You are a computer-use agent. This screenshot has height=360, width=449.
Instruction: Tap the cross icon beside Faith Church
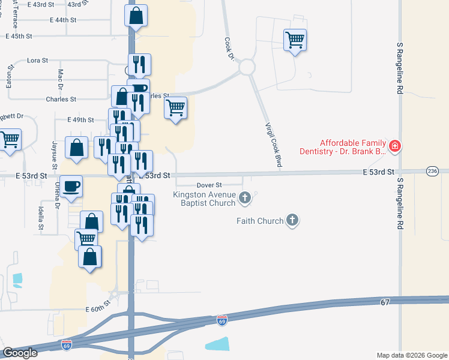coord(293,220)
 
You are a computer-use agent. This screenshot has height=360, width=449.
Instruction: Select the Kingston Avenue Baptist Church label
coord(205,198)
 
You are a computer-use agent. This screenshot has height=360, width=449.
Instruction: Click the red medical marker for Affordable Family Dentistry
coord(395,145)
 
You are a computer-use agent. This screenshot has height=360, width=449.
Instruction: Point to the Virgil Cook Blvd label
coord(274,145)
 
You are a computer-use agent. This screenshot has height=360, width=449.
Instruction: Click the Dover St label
coord(210,185)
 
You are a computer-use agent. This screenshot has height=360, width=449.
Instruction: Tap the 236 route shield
coord(432,172)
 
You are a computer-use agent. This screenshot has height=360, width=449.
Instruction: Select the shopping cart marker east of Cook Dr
coord(295,40)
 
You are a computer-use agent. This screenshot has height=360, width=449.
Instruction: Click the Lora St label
coord(38,61)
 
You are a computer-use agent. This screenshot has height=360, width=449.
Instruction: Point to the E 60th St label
coord(95,309)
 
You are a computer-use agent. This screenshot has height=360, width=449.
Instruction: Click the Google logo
coord(20,353)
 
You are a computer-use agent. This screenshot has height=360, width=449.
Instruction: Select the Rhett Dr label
coord(11,116)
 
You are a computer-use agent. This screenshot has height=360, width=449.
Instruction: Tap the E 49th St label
coord(80,120)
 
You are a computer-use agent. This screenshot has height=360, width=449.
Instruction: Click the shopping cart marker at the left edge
coord(10,141)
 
